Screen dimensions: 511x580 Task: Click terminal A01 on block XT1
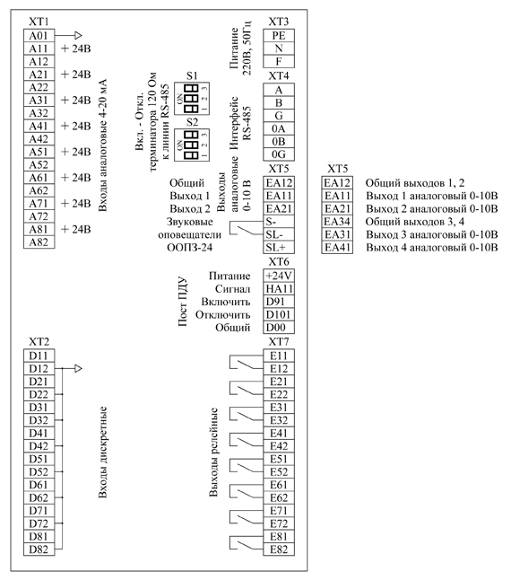[x=39, y=36]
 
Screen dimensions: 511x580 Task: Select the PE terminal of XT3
[x=279, y=36]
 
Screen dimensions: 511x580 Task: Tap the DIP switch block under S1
[x=192, y=99]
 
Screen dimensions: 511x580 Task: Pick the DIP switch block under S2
[x=192, y=145]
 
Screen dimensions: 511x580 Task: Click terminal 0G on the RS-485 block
[x=279, y=154]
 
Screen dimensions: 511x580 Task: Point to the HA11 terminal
[x=279, y=289]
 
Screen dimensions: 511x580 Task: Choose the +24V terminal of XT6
[x=279, y=276]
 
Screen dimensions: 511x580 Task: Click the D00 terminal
[x=279, y=328]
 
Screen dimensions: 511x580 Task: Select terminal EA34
[x=337, y=222]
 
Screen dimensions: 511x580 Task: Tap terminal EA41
[x=337, y=248]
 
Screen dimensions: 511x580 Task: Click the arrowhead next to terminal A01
[x=78, y=36]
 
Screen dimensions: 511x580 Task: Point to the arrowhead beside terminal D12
[x=78, y=368]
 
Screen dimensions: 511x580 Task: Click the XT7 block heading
[x=279, y=342]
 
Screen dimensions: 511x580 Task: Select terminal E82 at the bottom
[x=279, y=549]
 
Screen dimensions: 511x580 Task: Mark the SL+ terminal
[x=279, y=248]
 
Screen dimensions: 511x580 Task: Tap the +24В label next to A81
[x=76, y=229]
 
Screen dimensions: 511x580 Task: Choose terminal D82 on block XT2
[x=39, y=549]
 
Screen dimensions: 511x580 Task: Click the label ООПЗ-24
[x=190, y=248]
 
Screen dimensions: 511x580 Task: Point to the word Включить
[x=226, y=302]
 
